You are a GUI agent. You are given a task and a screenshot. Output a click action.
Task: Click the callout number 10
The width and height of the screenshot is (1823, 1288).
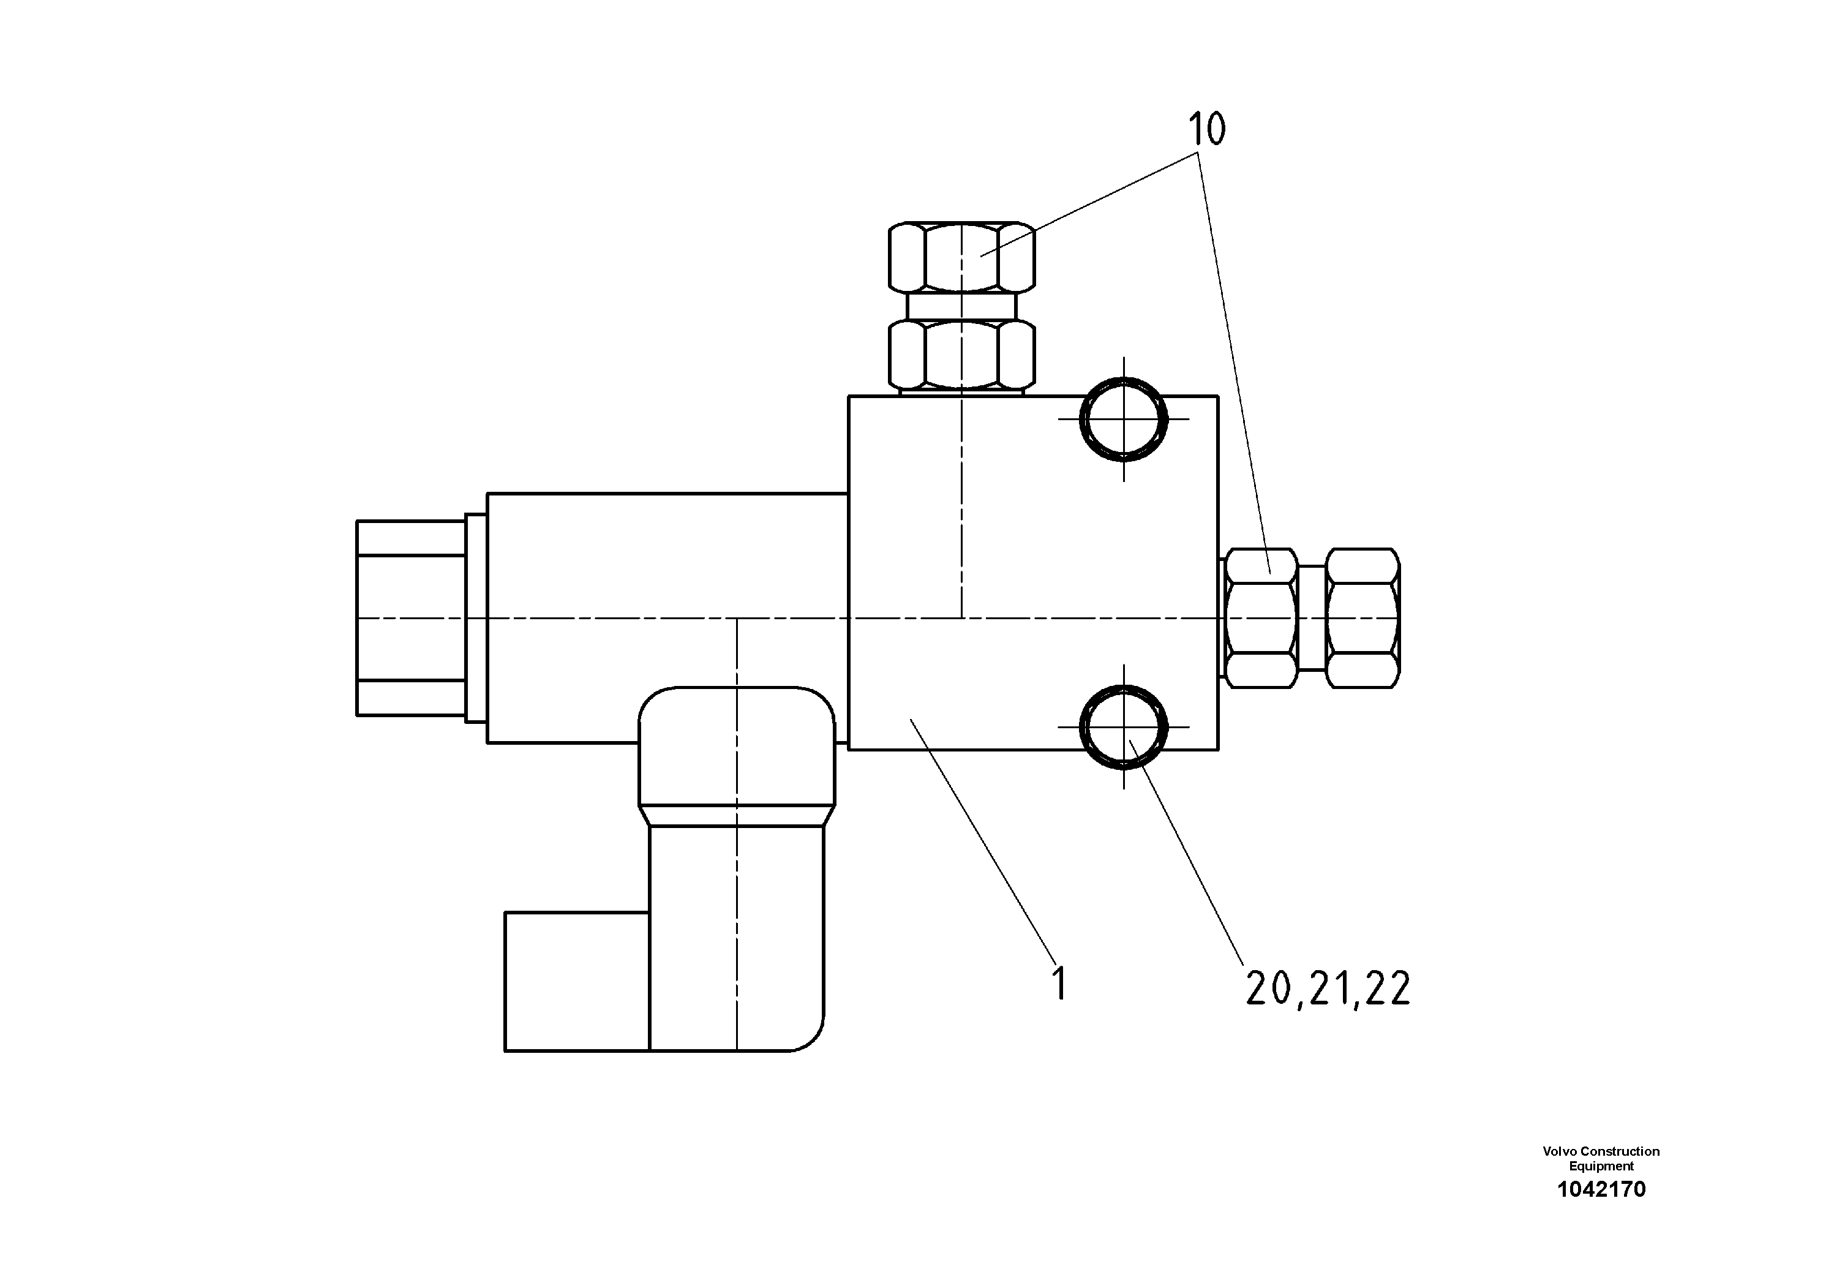click(1206, 129)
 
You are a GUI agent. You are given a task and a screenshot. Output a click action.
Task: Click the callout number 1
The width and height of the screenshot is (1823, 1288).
click(1058, 983)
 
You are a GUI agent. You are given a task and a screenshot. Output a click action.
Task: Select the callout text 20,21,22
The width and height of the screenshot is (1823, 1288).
click(1328, 989)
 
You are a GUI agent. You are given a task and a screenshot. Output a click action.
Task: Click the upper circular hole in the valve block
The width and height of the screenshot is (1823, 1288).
click(1124, 418)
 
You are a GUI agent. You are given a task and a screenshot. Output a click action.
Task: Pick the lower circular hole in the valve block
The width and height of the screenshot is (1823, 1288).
click(1124, 726)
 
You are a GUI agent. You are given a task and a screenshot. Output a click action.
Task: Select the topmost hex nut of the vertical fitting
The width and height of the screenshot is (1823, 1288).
click(961, 257)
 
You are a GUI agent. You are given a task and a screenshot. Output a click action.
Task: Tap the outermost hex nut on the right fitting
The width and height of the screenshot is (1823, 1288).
click(1363, 618)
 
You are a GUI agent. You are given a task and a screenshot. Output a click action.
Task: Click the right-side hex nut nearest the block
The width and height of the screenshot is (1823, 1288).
click(1261, 618)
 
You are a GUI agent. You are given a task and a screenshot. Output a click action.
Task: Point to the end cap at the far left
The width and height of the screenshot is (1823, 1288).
click(410, 618)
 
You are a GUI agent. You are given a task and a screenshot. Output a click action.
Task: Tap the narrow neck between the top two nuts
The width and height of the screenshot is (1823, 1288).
click(961, 306)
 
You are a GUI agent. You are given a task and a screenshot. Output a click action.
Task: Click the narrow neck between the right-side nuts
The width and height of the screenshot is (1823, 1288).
click(1312, 618)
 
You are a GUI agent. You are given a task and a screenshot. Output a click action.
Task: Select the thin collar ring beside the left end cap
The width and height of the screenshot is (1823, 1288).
click(476, 618)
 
